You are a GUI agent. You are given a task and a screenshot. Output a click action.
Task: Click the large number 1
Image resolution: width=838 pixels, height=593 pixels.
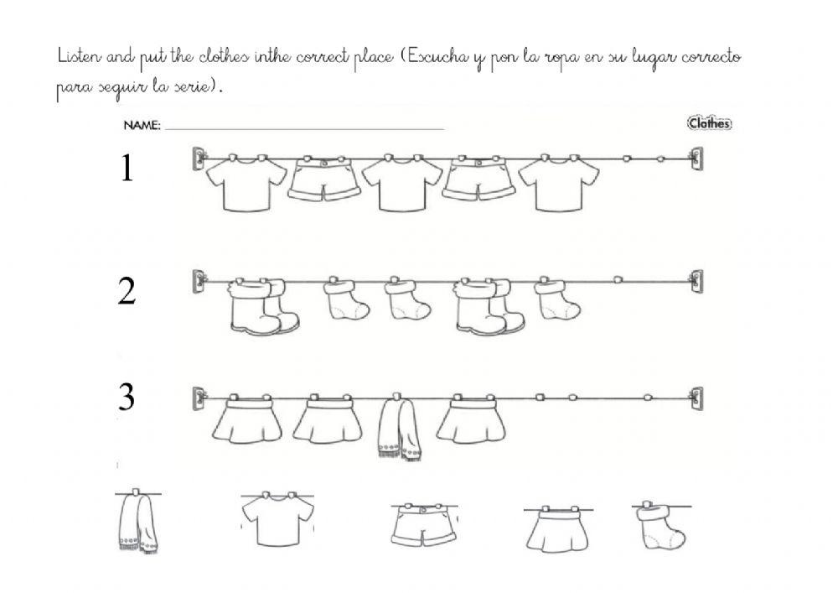click(x=127, y=169)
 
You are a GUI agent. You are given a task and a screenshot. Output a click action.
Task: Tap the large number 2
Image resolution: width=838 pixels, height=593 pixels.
click(x=127, y=292)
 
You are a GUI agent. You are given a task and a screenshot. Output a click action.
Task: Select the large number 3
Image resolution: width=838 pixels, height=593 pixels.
click(x=127, y=398)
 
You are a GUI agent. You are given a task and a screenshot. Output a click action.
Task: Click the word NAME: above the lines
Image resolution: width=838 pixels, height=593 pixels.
click(x=142, y=126)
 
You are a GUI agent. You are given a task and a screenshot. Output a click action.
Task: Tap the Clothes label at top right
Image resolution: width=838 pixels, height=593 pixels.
click(x=709, y=124)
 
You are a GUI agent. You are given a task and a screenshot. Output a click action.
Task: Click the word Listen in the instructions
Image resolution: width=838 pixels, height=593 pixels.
click(x=80, y=58)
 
